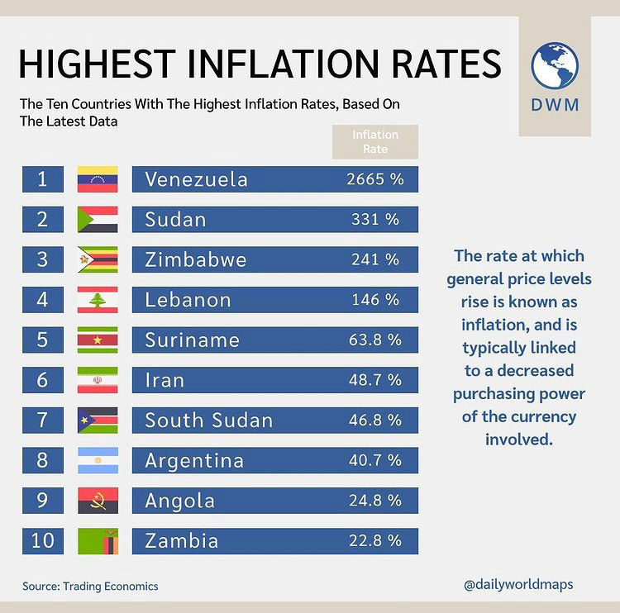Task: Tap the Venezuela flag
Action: tap(98, 179)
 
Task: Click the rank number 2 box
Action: tap(43, 220)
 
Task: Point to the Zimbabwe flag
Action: tap(98, 259)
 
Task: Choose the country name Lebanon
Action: tap(188, 300)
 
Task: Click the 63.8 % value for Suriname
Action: tap(374, 340)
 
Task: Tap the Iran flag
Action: tap(98, 380)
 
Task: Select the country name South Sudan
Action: tap(208, 421)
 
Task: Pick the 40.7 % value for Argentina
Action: tap(374, 460)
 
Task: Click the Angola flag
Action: tap(98, 501)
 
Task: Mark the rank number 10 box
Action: tap(43, 541)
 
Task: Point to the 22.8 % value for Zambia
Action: tap(374, 541)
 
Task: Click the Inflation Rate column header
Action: tap(375, 142)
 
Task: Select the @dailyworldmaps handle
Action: tap(518, 584)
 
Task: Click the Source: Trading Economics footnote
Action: tap(90, 586)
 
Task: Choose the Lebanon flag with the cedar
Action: tap(98, 300)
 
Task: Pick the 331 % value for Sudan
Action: tap(374, 220)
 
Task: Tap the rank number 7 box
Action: tap(43, 421)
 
